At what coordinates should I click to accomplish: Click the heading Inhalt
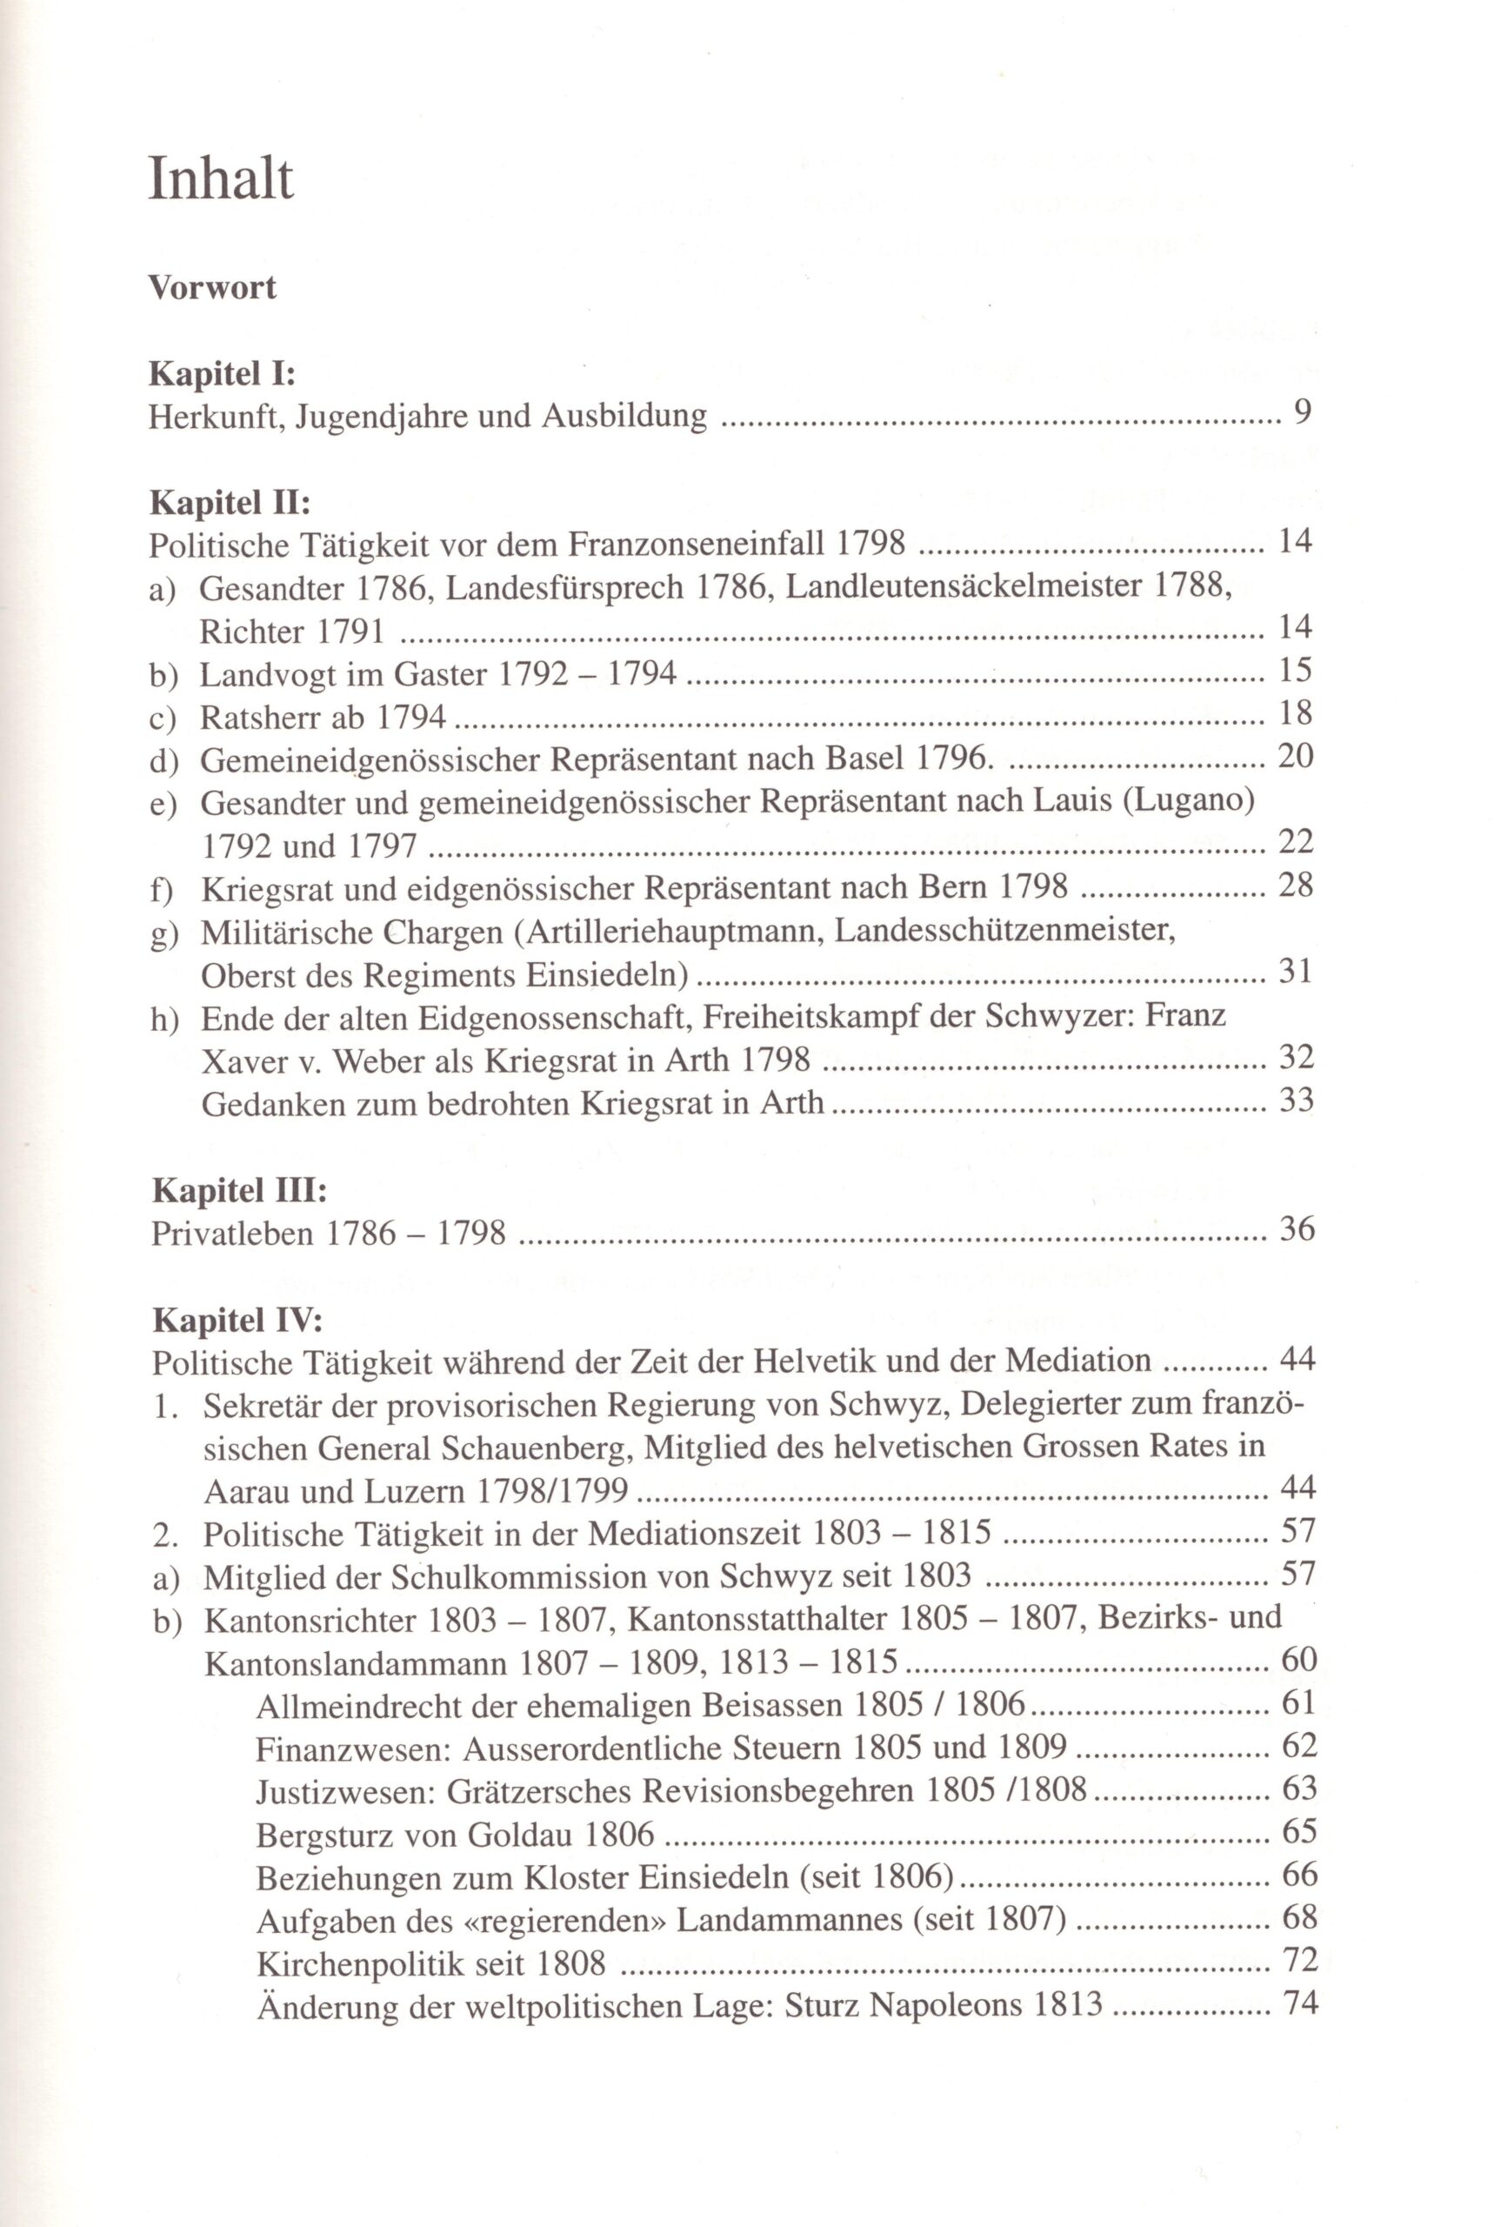221,180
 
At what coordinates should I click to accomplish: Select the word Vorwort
212,287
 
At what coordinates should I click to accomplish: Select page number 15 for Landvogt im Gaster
1295,671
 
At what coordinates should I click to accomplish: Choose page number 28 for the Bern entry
1295,886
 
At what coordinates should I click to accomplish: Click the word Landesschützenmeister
1004,930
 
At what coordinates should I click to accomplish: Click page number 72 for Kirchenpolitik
1298,1959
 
